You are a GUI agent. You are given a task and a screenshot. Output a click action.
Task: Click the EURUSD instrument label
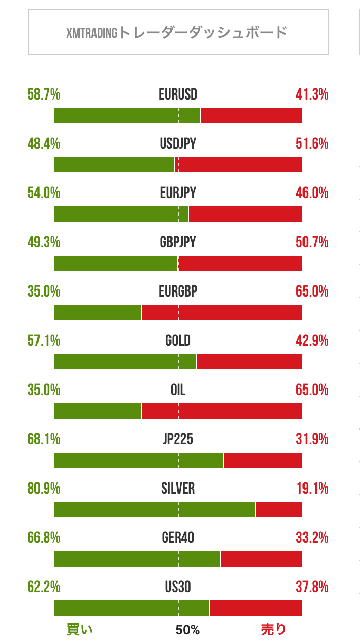(178, 94)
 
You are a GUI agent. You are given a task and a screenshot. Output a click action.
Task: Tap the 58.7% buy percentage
(44, 94)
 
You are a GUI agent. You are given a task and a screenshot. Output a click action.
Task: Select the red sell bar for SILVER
(278, 510)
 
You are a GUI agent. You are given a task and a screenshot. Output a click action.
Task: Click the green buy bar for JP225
(139, 460)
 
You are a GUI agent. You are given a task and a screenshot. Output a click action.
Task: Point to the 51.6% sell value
(312, 144)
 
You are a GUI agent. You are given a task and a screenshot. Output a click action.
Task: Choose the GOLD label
(178, 341)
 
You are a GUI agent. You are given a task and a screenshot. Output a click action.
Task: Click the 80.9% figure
(44, 489)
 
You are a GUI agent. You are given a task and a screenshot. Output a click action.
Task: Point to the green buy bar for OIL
(98, 411)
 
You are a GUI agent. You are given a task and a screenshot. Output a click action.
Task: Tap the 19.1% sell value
(312, 489)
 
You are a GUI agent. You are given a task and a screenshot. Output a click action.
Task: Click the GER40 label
(178, 538)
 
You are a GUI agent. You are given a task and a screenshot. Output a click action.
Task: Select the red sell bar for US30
(255, 608)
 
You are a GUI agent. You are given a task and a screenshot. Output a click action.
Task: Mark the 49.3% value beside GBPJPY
(44, 242)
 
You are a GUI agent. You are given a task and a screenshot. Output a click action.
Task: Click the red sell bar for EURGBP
(222, 313)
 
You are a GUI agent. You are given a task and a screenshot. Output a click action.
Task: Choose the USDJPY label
(178, 144)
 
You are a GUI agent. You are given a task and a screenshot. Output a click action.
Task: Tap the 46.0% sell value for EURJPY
(312, 193)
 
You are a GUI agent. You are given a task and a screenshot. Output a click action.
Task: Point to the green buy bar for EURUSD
(127, 115)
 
